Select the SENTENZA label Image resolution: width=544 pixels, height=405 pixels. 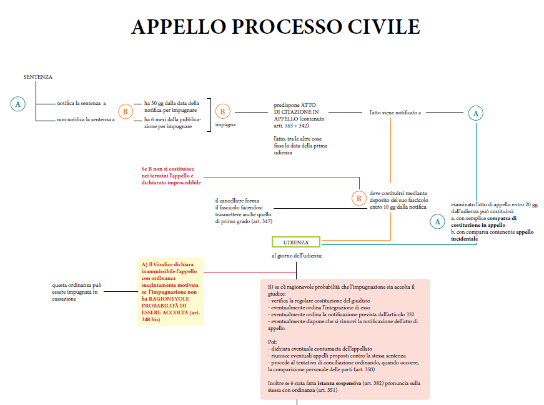(37, 77)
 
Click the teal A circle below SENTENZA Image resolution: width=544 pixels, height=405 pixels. (18, 104)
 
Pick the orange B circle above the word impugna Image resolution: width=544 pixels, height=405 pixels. (222, 112)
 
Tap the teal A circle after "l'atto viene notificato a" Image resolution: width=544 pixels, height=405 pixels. (476, 113)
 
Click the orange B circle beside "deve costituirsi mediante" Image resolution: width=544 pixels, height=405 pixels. (359, 199)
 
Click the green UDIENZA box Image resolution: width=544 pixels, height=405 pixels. (295, 242)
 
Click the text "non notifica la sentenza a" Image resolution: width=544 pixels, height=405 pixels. (86, 119)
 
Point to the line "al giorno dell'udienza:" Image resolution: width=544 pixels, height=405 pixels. (297, 256)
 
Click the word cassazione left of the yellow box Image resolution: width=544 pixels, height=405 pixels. (65, 299)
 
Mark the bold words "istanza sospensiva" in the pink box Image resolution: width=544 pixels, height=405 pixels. (339, 383)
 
